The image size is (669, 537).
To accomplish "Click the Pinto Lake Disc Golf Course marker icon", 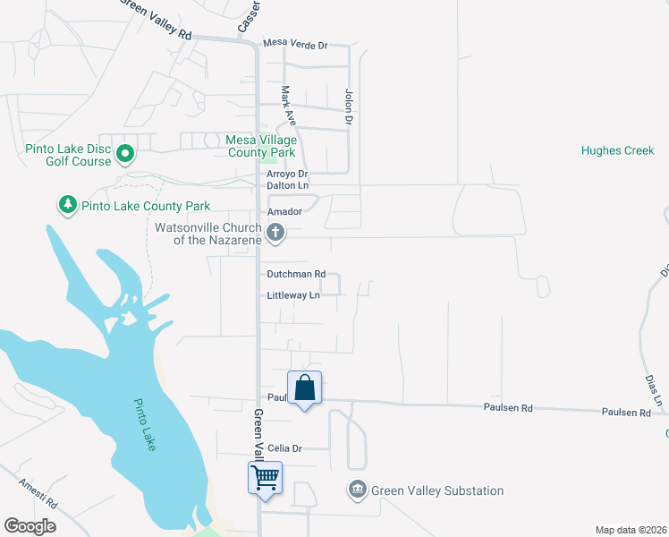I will tap(125, 155).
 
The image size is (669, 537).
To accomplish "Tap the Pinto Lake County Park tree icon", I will tap(67, 206).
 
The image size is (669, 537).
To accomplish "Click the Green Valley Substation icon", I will tap(357, 490).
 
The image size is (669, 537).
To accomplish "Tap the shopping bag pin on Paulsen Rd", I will tap(304, 388).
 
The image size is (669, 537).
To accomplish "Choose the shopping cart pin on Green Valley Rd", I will tap(265, 478).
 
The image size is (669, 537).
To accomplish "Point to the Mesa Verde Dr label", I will tap(295, 44).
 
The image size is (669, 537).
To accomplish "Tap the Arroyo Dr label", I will tap(287, 174).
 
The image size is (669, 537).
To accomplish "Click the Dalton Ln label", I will tap(287, 186).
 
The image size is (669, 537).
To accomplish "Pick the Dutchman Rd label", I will tap(296, 275).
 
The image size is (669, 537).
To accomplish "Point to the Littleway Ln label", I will tap(293, 295).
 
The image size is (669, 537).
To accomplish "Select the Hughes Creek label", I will tap(617, 150).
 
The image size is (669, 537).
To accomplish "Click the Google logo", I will tap(30, 526).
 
